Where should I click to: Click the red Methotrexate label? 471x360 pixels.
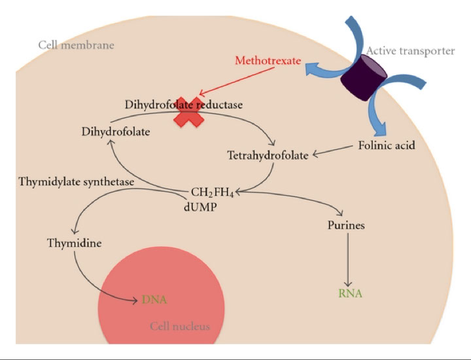tap(268, 62)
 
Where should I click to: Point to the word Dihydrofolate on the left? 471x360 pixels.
tap(116, 132)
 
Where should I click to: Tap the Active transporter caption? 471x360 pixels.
tap(410, 50)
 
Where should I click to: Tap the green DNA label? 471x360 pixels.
tap(154, 300)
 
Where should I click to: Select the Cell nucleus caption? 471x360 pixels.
tap(180, 325)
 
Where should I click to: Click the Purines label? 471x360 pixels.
tap(346, 226)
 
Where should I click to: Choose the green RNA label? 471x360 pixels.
tap(350, 293)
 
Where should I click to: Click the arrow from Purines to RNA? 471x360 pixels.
tap(347, 260)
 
